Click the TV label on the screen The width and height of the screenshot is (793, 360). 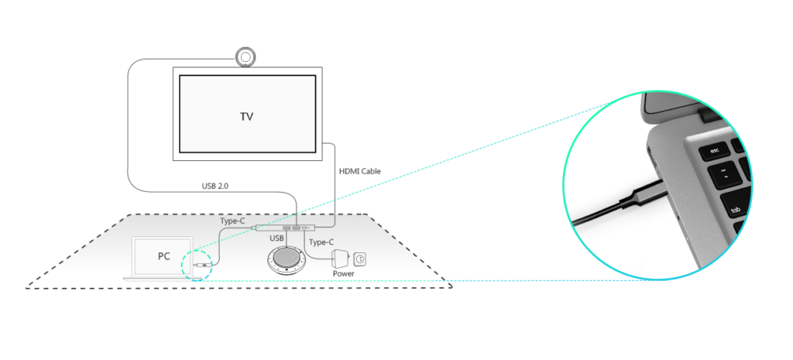(x=246, y=117)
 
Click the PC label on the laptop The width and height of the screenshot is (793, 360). (x=163, y=256)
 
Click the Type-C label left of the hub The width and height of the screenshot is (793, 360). (x=232, y=221)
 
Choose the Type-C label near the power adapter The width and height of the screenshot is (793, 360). (x=321, y=242)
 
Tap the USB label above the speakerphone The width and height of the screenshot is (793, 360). (x=276, y=238)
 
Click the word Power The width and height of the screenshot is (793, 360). (x=344, y=273)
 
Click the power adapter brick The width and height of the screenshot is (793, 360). (x=341, y=258)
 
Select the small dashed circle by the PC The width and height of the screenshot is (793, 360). (x=194, y=263)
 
